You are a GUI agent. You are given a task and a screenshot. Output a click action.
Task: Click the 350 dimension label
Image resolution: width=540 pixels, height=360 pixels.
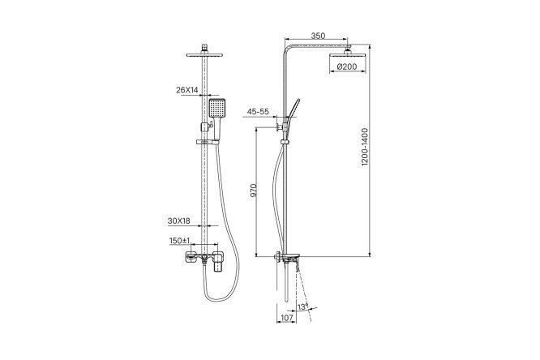point(318,36)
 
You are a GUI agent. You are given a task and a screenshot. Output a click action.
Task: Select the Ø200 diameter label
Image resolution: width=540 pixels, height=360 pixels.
point(347,66)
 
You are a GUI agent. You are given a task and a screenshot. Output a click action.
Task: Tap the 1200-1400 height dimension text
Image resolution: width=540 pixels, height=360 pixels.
point(365,147)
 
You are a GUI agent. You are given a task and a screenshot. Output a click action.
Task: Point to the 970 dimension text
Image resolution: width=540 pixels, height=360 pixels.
point(254,191)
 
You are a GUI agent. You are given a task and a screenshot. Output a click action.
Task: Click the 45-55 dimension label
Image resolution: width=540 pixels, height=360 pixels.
point(258,112)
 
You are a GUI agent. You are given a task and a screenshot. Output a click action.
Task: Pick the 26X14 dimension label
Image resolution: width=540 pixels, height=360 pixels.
point(187,90)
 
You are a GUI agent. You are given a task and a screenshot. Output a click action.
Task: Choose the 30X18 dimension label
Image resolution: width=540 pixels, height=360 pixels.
point(178,221)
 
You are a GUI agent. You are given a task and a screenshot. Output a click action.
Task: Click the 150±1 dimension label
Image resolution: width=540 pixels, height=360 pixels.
point(180,241)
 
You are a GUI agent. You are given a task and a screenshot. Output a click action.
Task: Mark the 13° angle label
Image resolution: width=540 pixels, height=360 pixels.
point(302,306)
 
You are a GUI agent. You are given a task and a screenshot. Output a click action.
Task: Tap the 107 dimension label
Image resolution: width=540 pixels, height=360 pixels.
point(287,318)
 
